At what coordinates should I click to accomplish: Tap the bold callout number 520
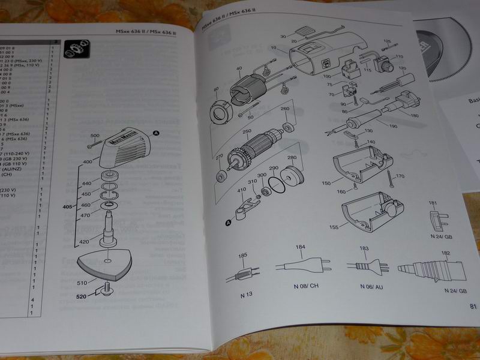[x=81, y=296]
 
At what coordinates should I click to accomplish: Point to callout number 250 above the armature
[x=246, y=131]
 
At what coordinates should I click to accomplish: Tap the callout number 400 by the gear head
[x=88, y=162]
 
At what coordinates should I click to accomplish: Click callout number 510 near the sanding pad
[x=82, y=282]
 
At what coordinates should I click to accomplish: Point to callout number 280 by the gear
[x=293, y=158]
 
